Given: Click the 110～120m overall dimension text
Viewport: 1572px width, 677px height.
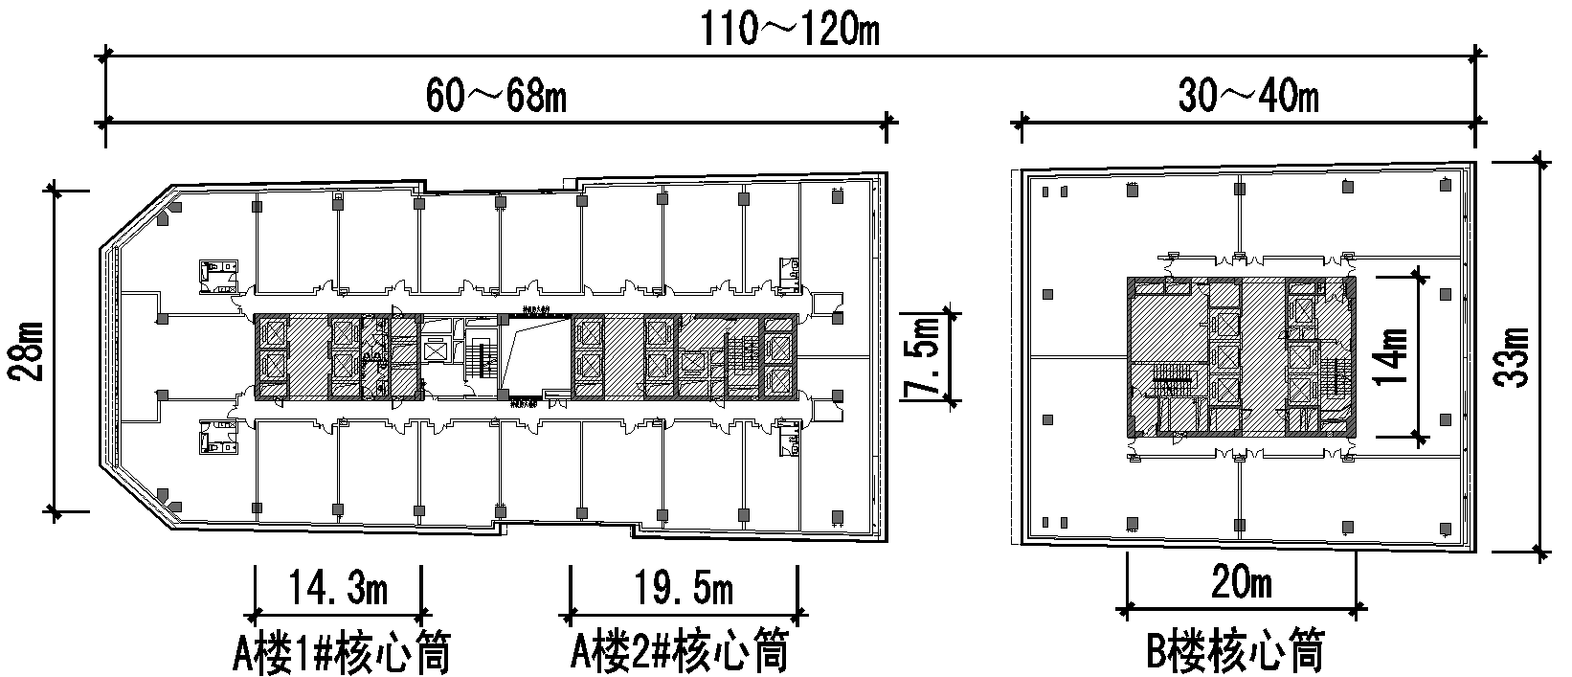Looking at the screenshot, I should click(791, 31).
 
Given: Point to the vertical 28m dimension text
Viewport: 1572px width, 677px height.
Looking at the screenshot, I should click(27, 350).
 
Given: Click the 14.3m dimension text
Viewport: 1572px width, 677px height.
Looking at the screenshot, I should click(338, 588).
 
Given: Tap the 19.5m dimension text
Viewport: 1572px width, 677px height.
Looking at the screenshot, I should click(684, 588).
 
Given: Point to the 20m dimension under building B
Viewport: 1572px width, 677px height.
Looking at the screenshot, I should click(1242, 582).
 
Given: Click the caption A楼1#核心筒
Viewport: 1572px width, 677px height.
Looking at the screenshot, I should click(342, 653).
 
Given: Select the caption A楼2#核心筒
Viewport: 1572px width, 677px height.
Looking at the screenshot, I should click(681, 653).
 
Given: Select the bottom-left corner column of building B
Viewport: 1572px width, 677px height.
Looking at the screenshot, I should click(1046, 523).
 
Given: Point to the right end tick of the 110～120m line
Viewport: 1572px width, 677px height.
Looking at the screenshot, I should click(1475, 57).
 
